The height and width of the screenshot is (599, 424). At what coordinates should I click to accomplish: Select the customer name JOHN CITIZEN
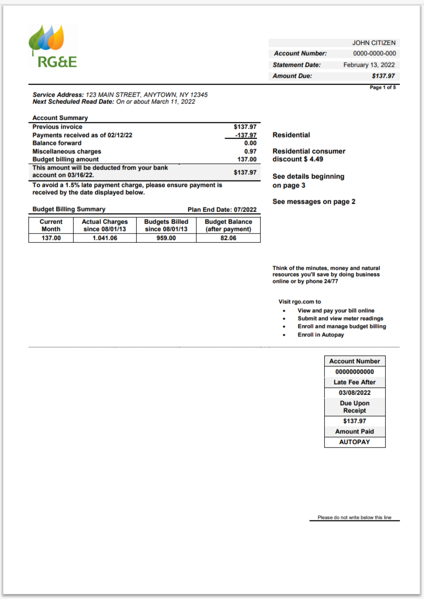[374, 43]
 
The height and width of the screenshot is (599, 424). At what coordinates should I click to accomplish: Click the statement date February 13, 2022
[369, 65]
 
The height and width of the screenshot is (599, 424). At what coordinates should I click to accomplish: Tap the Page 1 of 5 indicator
[382, 87]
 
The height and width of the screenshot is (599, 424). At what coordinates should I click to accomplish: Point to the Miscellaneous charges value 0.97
[250, 151]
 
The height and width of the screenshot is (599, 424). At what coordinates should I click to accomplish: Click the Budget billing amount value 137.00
[246, 159]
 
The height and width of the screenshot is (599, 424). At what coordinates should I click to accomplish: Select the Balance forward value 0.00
[250, 143]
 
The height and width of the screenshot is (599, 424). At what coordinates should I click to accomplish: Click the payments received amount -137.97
[246, 135]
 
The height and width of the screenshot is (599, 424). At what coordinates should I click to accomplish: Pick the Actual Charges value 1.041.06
[105, 238]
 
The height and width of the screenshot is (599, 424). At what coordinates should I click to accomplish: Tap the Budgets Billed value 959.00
[166, 238]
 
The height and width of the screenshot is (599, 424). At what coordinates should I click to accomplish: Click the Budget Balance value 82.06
[228, 238]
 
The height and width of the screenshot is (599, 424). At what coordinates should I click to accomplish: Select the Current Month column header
[51, 225]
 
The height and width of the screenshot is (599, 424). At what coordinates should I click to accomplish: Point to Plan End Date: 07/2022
[222, 210]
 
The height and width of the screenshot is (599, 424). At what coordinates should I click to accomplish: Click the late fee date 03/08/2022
[355, 392]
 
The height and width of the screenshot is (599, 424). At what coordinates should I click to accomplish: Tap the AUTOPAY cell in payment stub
[355, 442]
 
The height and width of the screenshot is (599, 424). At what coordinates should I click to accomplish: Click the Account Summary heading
[60, 118]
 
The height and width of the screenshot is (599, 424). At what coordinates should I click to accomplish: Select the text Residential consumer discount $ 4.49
[309, 155]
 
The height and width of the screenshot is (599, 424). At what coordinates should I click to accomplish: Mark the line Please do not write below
[354, 518]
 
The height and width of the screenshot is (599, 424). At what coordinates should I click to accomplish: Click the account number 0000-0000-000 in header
[375, 54]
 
